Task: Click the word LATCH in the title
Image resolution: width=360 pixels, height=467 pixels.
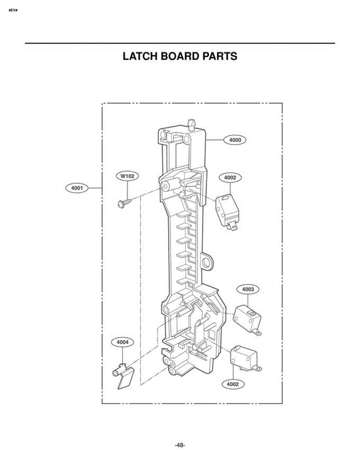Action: point(140,56)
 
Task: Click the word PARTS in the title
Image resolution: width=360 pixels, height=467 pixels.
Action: point(220,56)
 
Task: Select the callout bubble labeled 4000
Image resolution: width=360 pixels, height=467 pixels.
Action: point(235,140)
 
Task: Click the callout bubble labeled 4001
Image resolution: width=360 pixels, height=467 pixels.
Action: point(77,188)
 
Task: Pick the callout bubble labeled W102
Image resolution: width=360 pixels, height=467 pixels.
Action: point(127,176)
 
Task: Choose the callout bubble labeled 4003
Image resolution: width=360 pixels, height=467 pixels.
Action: point(248,289)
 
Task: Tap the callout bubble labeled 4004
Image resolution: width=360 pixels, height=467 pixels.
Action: point(122,342)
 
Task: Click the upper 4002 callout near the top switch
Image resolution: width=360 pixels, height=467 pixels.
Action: point(230,178)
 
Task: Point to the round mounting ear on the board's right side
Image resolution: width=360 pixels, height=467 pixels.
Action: point(207,262)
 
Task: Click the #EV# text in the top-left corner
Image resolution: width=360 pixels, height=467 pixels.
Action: point(13,10)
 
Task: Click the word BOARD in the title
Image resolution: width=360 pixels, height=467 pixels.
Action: point(180,56)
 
